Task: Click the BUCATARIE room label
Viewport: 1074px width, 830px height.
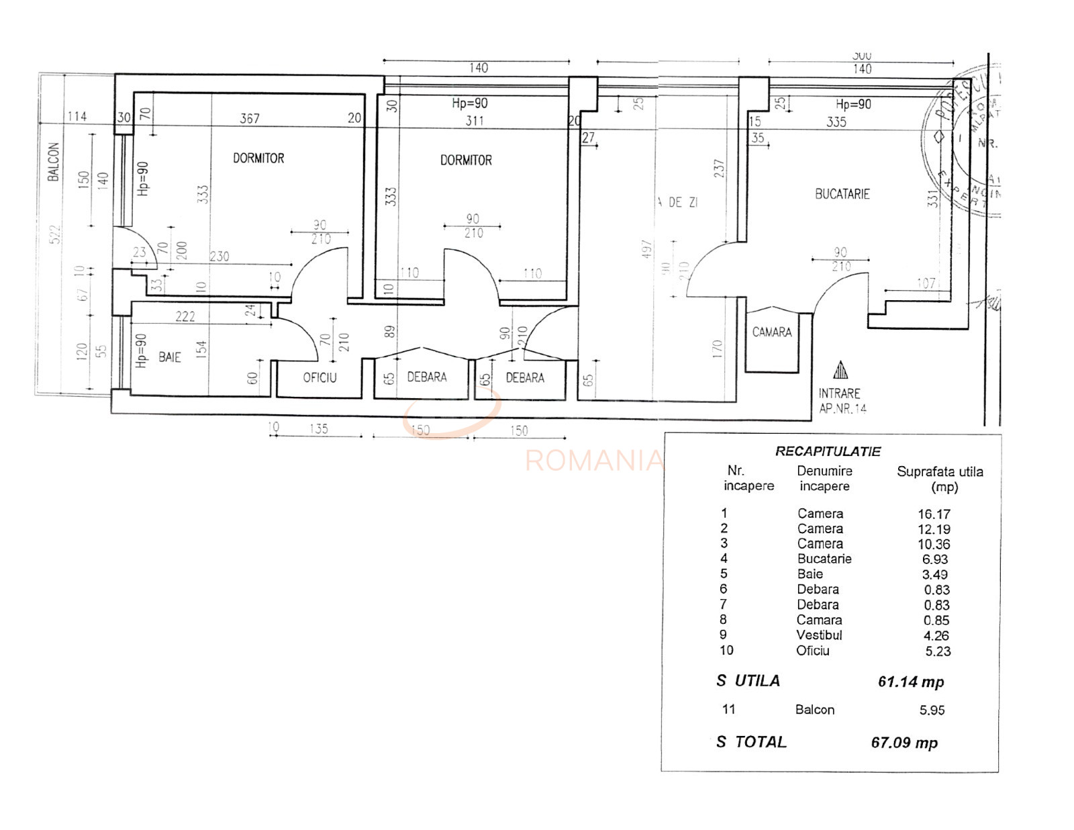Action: [842, 194]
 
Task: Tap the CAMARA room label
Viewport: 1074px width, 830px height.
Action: [771, 332]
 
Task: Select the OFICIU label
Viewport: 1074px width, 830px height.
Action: [320, 378]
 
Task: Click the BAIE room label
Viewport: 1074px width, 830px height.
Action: [170, 357]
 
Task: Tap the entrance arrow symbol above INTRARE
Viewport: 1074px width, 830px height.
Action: [840, 370]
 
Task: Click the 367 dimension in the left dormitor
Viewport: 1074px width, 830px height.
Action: [250, 119]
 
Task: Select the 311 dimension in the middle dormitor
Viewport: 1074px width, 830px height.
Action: [475, 121]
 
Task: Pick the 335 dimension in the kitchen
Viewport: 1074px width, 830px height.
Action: [836, 122]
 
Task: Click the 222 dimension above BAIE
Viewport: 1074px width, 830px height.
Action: [185, 316]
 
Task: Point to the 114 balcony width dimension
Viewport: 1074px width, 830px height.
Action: [77, 117]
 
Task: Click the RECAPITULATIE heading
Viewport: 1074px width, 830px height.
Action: [828, 451]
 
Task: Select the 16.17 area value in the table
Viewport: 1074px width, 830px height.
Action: [934, 514]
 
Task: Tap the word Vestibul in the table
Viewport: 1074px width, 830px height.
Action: [819, 635]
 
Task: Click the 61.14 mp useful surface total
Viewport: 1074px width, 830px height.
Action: [911, 682]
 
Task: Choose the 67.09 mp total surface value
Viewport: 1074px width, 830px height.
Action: [904, 743]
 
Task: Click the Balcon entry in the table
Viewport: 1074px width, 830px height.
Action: [815, 710]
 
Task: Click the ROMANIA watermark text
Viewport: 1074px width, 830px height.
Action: [593, 461]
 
